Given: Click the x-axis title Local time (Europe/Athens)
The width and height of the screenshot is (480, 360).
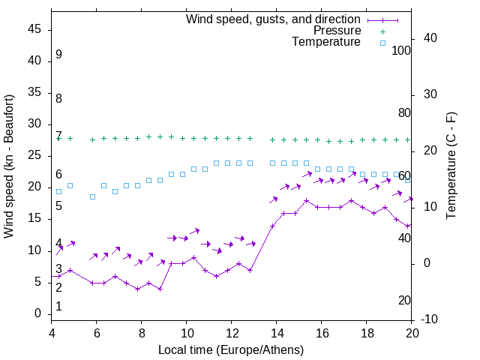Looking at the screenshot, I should click(231, 349).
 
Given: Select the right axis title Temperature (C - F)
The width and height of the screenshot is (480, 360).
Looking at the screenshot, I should click(451, 166).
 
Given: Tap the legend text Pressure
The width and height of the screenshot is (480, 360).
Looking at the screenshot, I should click(337, 31).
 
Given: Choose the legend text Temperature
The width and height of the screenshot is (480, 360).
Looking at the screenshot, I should click(326, 43).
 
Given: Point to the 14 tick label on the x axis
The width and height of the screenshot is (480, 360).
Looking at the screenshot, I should click(277, 333).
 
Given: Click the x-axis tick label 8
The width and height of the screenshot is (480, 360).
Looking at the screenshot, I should click(142, 333).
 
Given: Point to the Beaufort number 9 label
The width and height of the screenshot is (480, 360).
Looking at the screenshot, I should click(58, 55).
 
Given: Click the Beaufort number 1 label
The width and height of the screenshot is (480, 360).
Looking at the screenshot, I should click(58, 307).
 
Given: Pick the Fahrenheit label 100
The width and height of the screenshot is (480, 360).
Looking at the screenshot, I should click(401, 50).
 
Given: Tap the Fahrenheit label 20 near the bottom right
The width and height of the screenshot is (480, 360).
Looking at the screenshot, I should click(404, 301).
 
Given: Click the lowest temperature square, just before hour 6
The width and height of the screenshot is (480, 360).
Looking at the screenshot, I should click(93, 196).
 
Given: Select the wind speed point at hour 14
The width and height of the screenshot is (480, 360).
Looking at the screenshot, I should click(273, 226).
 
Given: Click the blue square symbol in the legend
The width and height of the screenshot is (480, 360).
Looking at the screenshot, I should click(382, 43).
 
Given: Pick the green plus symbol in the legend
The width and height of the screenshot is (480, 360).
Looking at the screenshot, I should click(382, 31).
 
